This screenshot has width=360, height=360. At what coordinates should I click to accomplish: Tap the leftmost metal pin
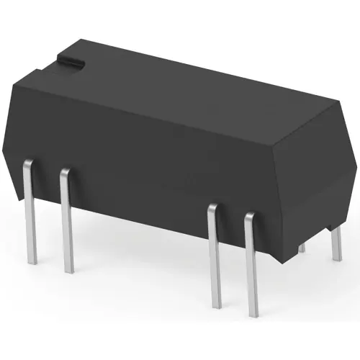[x=30, y=216]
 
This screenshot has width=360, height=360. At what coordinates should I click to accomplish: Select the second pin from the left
[x=67, y=223]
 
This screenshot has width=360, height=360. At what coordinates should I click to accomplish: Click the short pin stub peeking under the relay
[x=301, y=247]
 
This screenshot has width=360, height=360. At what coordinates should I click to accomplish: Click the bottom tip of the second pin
[x=68, y=271]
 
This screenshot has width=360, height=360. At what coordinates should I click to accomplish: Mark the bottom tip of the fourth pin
[x=252, y=315]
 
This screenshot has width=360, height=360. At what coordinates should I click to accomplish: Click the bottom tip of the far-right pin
[x=337, y=259]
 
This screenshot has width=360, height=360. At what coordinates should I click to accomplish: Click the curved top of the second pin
[x=65, y=172]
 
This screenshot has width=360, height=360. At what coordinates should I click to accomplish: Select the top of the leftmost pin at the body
[x=26, y=163]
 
